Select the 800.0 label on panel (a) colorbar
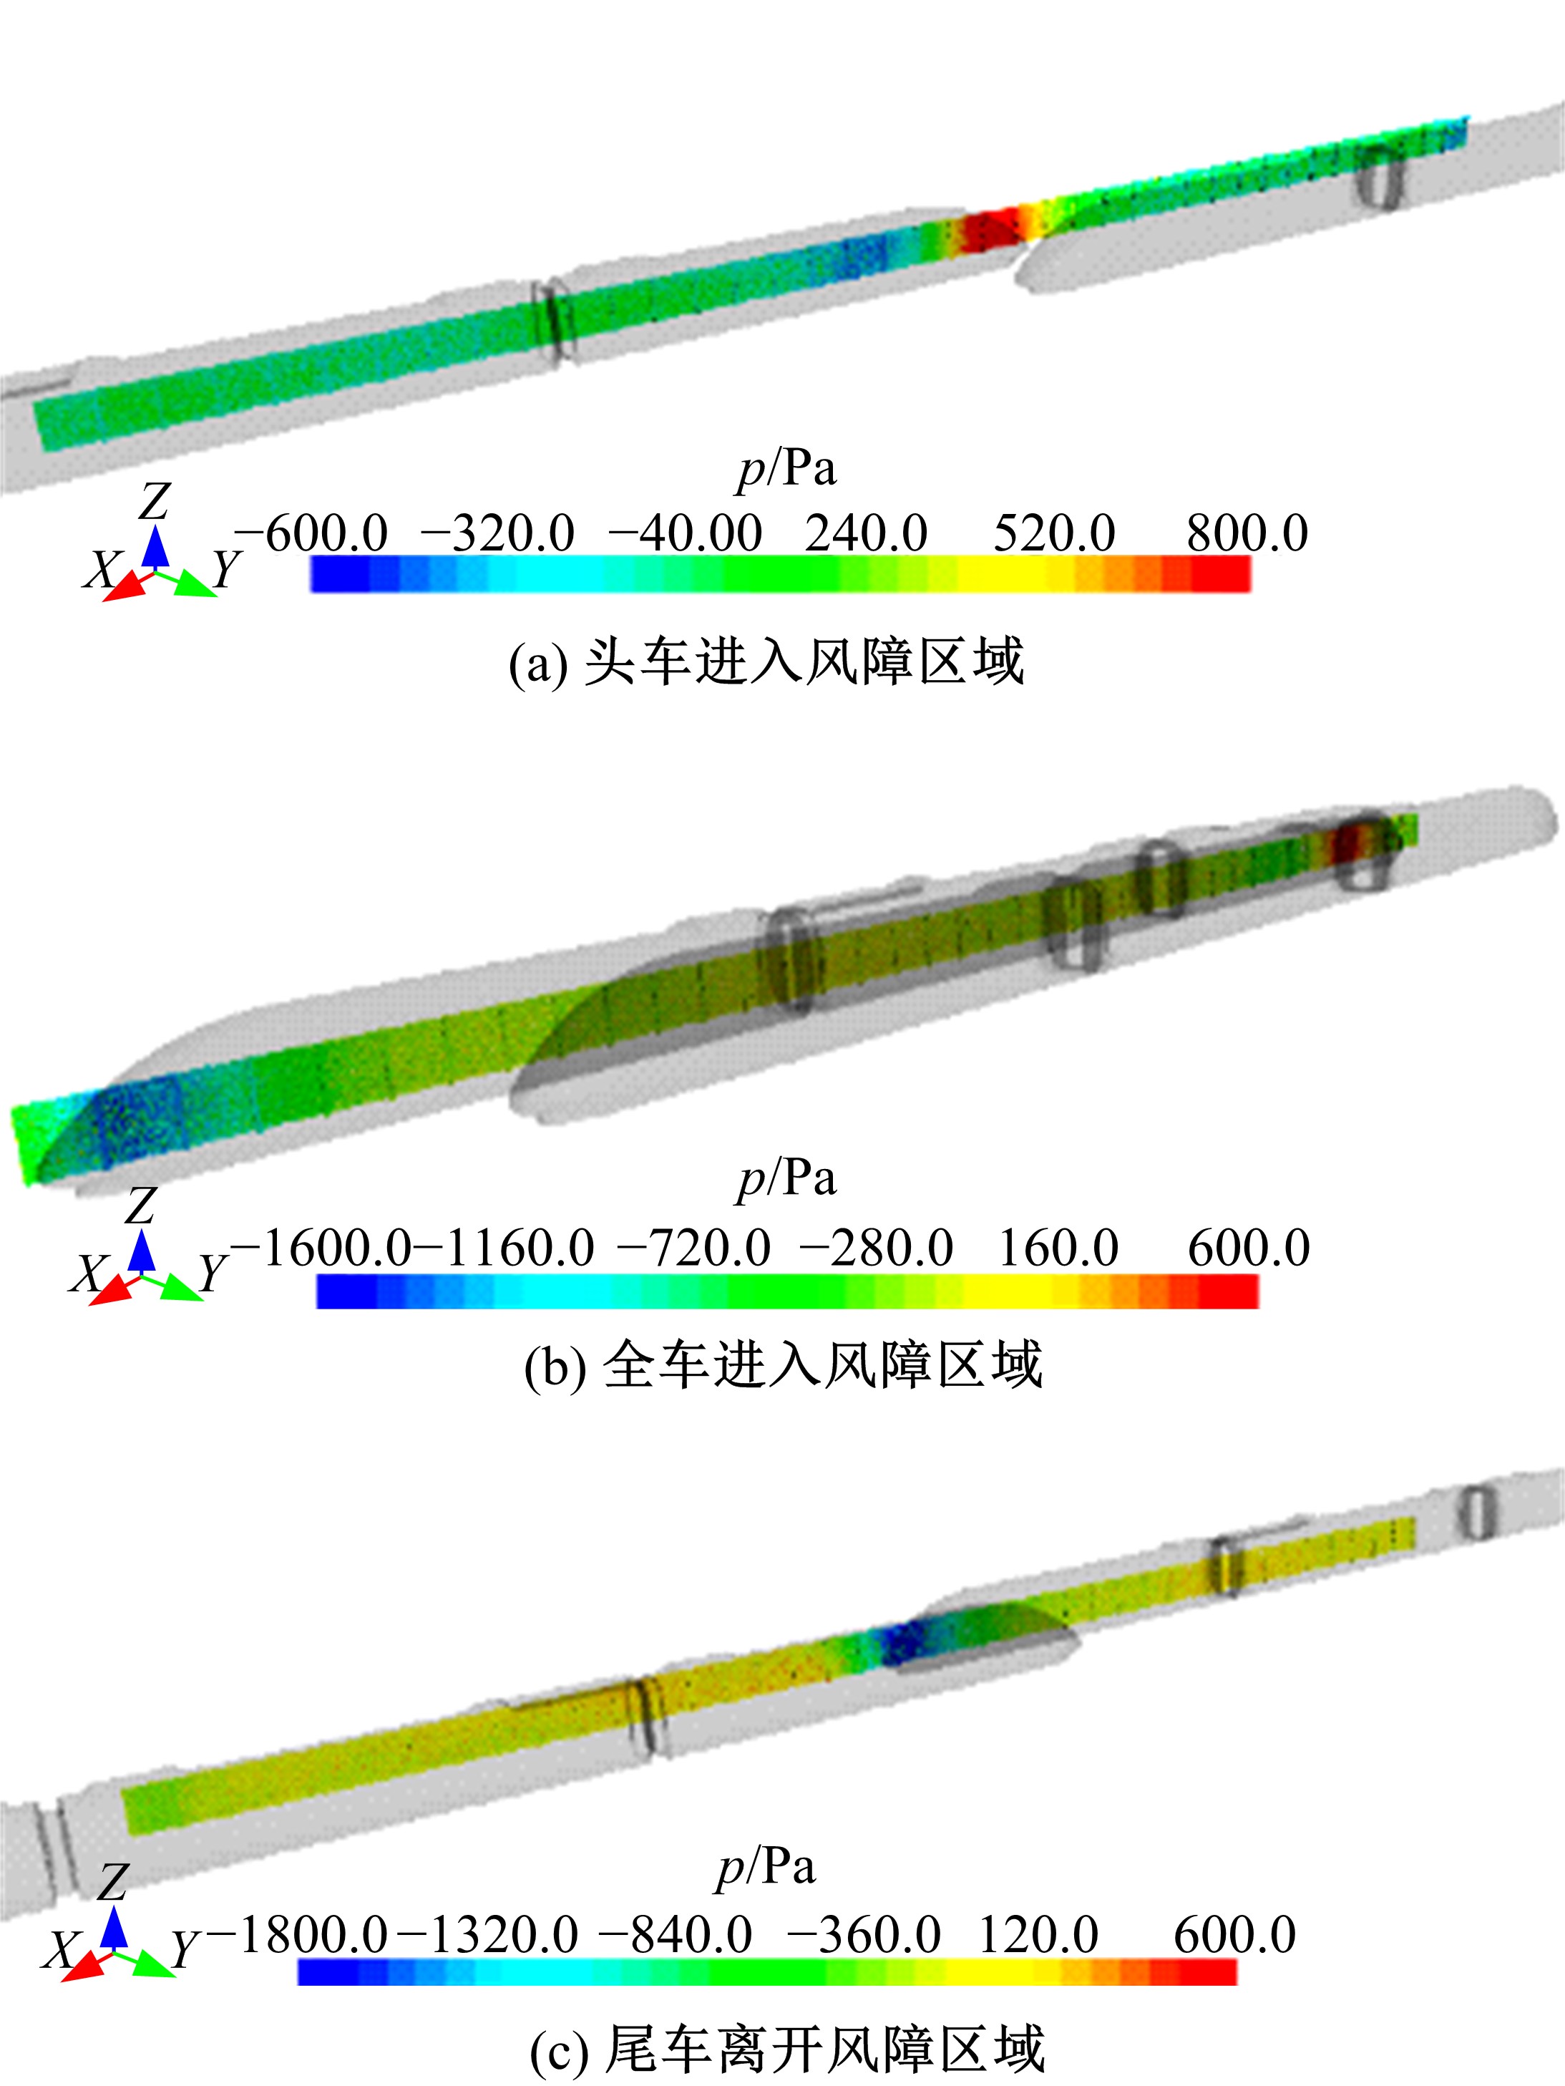pyautogui.click(x=1247, y=534)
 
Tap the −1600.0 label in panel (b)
pyautogui.click(x=321, y=1248)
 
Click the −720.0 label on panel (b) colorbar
pyautogui.click(x=694, y=1248)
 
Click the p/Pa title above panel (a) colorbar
pyautogui.click(x=786, y=469)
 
